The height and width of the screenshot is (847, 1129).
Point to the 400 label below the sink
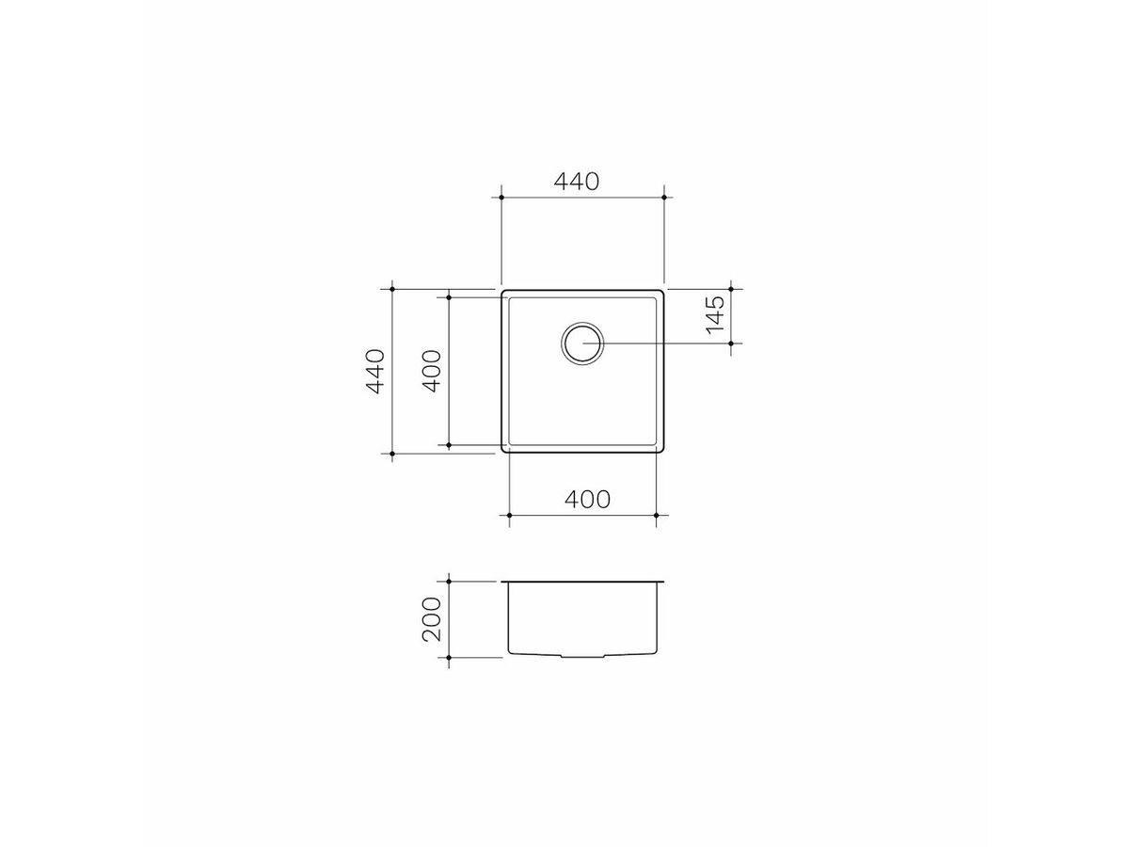point(585,499)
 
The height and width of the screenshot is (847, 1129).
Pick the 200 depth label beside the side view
point(432,618)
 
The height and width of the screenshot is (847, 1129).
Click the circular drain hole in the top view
point(582,344)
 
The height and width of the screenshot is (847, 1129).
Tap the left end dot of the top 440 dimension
point(501,198)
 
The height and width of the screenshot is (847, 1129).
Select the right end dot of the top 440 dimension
point(664,198)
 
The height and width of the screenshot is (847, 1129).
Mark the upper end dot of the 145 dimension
point(732,289)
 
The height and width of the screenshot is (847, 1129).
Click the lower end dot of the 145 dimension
point(732,344)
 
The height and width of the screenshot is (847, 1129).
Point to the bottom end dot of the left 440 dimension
point(392,454)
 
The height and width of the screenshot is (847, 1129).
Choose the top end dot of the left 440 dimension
point(392,289)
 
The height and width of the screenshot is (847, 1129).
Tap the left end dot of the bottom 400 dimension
point(509,516)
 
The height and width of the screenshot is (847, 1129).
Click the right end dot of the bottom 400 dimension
point(656,516)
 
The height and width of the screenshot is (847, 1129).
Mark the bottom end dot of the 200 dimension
point(450,657)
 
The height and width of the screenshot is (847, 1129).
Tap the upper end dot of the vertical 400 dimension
point(450,297)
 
